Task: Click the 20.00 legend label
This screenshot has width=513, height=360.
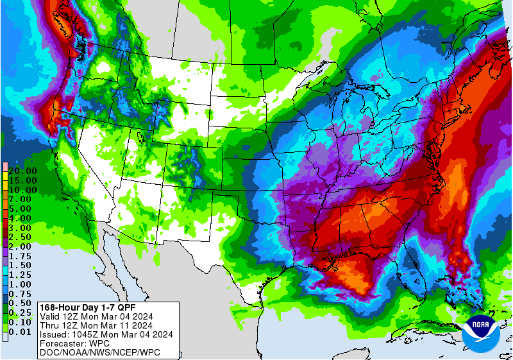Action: pyautogui.click(x=22, y=171)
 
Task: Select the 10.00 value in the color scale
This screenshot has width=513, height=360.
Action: pyautogui.click(x=22, y=190)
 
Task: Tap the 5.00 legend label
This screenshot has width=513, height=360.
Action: pyautogui.click(x=22, y=209)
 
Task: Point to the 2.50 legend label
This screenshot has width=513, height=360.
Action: pyautogui.click(x=22, y=237)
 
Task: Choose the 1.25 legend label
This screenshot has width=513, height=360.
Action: pyautogui.click(x=22, y=275)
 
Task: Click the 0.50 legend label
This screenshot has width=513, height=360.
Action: pyautogui.click(x=22, y=303)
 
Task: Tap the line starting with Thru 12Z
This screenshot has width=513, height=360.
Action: pyautogui.click(x=97, y=325)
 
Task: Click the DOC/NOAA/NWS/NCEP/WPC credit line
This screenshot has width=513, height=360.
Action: pyautogui.click(x=99, y=352)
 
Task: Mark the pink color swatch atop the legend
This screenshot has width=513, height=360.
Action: pyautogui.click(x=4, y=166)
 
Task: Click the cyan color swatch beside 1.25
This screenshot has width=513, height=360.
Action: pyautogui.click(x=4, y=275)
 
